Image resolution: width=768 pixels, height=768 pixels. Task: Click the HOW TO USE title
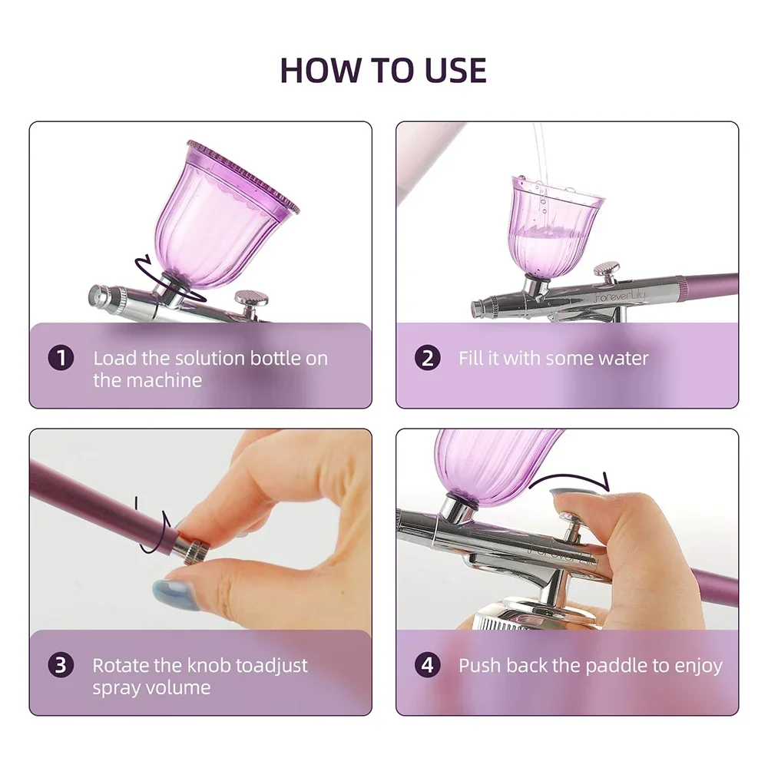(383, 70)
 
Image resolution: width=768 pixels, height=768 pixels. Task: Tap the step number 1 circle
(61, 359)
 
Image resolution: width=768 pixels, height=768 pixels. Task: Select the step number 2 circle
(428, 359)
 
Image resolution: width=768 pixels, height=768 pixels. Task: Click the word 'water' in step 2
(621, 359)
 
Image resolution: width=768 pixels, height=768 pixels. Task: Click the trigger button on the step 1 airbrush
(248, 298)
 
